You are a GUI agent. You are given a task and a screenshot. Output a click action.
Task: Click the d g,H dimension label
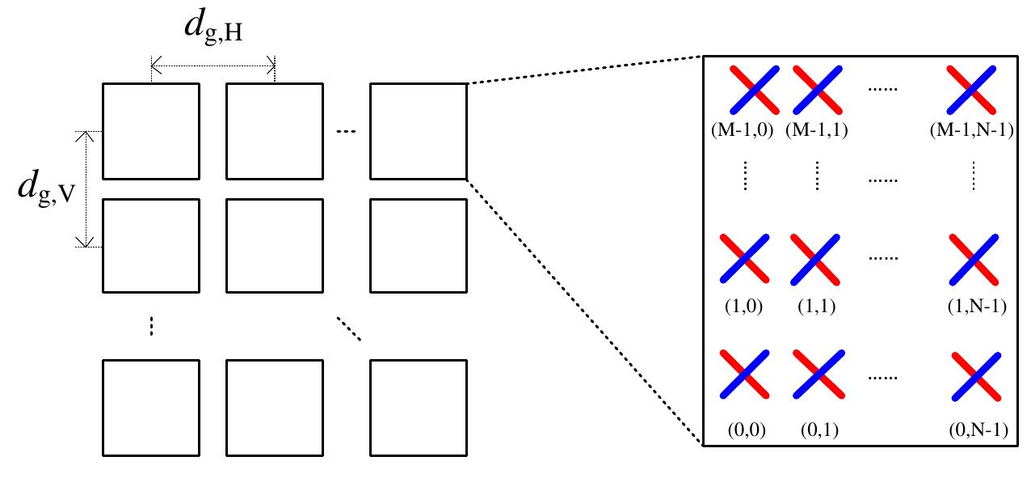(213, 27)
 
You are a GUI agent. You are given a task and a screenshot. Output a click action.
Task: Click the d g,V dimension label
(46, 188)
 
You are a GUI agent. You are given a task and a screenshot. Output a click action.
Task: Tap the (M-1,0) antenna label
(742, 130)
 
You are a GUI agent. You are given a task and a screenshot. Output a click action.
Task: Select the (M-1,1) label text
(817, 130)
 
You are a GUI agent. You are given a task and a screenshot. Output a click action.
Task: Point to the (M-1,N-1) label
(972, 130)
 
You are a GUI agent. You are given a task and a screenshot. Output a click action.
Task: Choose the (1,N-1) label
(977, 306)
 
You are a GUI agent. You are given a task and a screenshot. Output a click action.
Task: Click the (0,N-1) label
(978, 429)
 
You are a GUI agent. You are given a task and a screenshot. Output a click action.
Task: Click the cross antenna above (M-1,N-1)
(971, 90)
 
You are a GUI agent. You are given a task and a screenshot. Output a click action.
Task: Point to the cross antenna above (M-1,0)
(755, 90)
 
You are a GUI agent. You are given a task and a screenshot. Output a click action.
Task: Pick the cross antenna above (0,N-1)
(976, 377)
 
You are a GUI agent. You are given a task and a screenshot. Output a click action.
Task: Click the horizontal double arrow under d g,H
(213, 66)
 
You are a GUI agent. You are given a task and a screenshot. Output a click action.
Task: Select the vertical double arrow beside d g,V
(85, 189)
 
